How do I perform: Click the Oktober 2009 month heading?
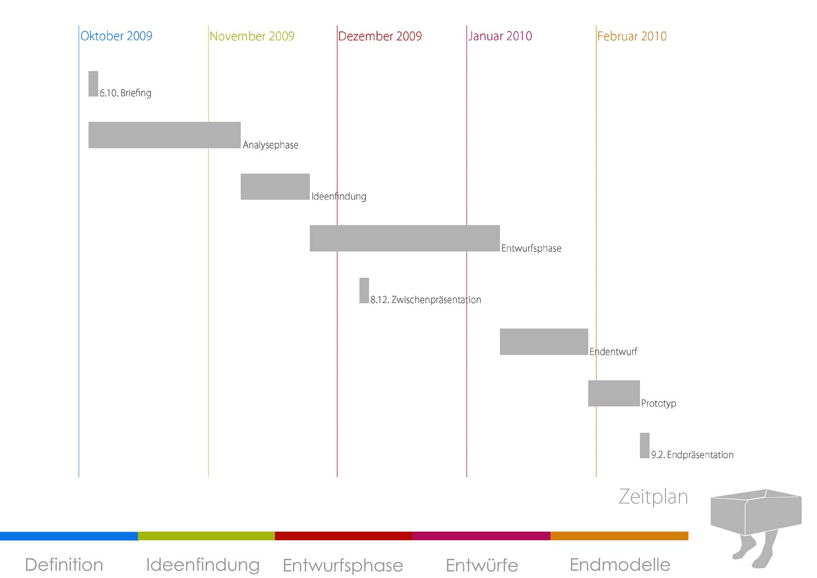coord(116,36)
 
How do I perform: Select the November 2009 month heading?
coord(252,36)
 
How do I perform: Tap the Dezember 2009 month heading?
coord(380,36)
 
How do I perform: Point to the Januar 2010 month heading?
coord(500,36)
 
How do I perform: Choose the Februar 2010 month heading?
coord(632,36)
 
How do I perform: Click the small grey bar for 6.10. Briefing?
coord(93,84)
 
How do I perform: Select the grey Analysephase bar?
coord(164,135)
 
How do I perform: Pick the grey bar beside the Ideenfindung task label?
coord(275,186)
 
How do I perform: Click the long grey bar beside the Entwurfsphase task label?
coord(404,238)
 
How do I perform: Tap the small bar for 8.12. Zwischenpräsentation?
coord(364,290)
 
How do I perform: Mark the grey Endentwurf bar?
coord(544,342)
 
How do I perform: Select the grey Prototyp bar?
coord(614,393)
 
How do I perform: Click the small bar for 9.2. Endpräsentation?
coord(644,445)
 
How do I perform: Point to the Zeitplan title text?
coord(653,497)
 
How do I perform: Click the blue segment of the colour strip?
coord(69,536)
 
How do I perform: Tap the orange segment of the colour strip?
coord(619,536)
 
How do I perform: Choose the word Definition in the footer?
coord(64,565)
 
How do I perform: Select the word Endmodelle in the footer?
coord(620,565)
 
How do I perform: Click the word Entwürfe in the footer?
coord(482,565)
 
